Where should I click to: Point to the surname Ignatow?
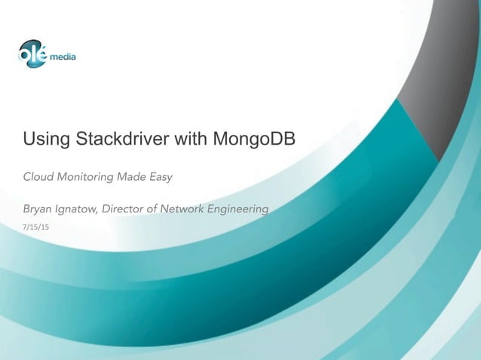pos(78,208)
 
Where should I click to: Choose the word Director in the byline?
pos(125,208)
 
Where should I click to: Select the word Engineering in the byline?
pos(239,208)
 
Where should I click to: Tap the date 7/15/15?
pos(35,226)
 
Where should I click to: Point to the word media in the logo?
pos(63,56)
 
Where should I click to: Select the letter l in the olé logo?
pos(34,52)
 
